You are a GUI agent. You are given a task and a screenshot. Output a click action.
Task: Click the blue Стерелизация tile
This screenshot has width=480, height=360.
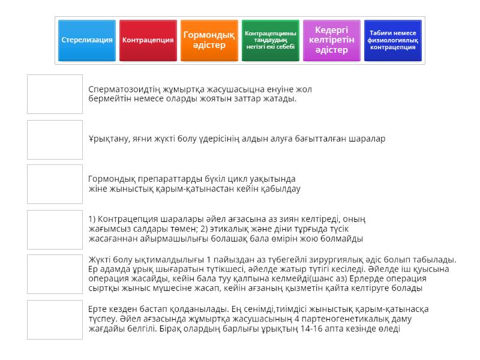tap(87, 40)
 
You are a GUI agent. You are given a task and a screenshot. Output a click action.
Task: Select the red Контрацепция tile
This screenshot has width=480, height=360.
tap(148, 40)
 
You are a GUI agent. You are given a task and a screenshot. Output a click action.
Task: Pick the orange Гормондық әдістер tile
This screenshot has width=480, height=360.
tap(209, 40)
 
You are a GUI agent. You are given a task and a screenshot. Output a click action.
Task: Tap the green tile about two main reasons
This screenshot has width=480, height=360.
tap(271, 40)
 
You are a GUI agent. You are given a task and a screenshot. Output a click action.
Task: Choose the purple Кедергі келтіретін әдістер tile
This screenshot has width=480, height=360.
tap(332, 40)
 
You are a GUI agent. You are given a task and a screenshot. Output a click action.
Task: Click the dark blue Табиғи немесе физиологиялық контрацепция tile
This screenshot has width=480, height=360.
tap(393, 40)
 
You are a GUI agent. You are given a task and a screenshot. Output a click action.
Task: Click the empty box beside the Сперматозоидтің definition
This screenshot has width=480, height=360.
tap(55, 94)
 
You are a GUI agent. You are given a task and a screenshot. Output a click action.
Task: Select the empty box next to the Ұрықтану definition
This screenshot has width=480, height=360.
tap(55, 139)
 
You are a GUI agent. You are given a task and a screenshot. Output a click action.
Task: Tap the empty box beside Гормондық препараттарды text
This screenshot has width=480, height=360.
tap(55, 184)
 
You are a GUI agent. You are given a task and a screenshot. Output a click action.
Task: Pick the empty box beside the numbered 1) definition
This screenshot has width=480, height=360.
tap(55, 229)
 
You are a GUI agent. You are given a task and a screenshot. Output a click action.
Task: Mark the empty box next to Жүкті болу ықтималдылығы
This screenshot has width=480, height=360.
tap(55, 274)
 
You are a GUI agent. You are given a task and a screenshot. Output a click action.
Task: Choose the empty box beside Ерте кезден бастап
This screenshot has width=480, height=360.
tap(55, 319)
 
